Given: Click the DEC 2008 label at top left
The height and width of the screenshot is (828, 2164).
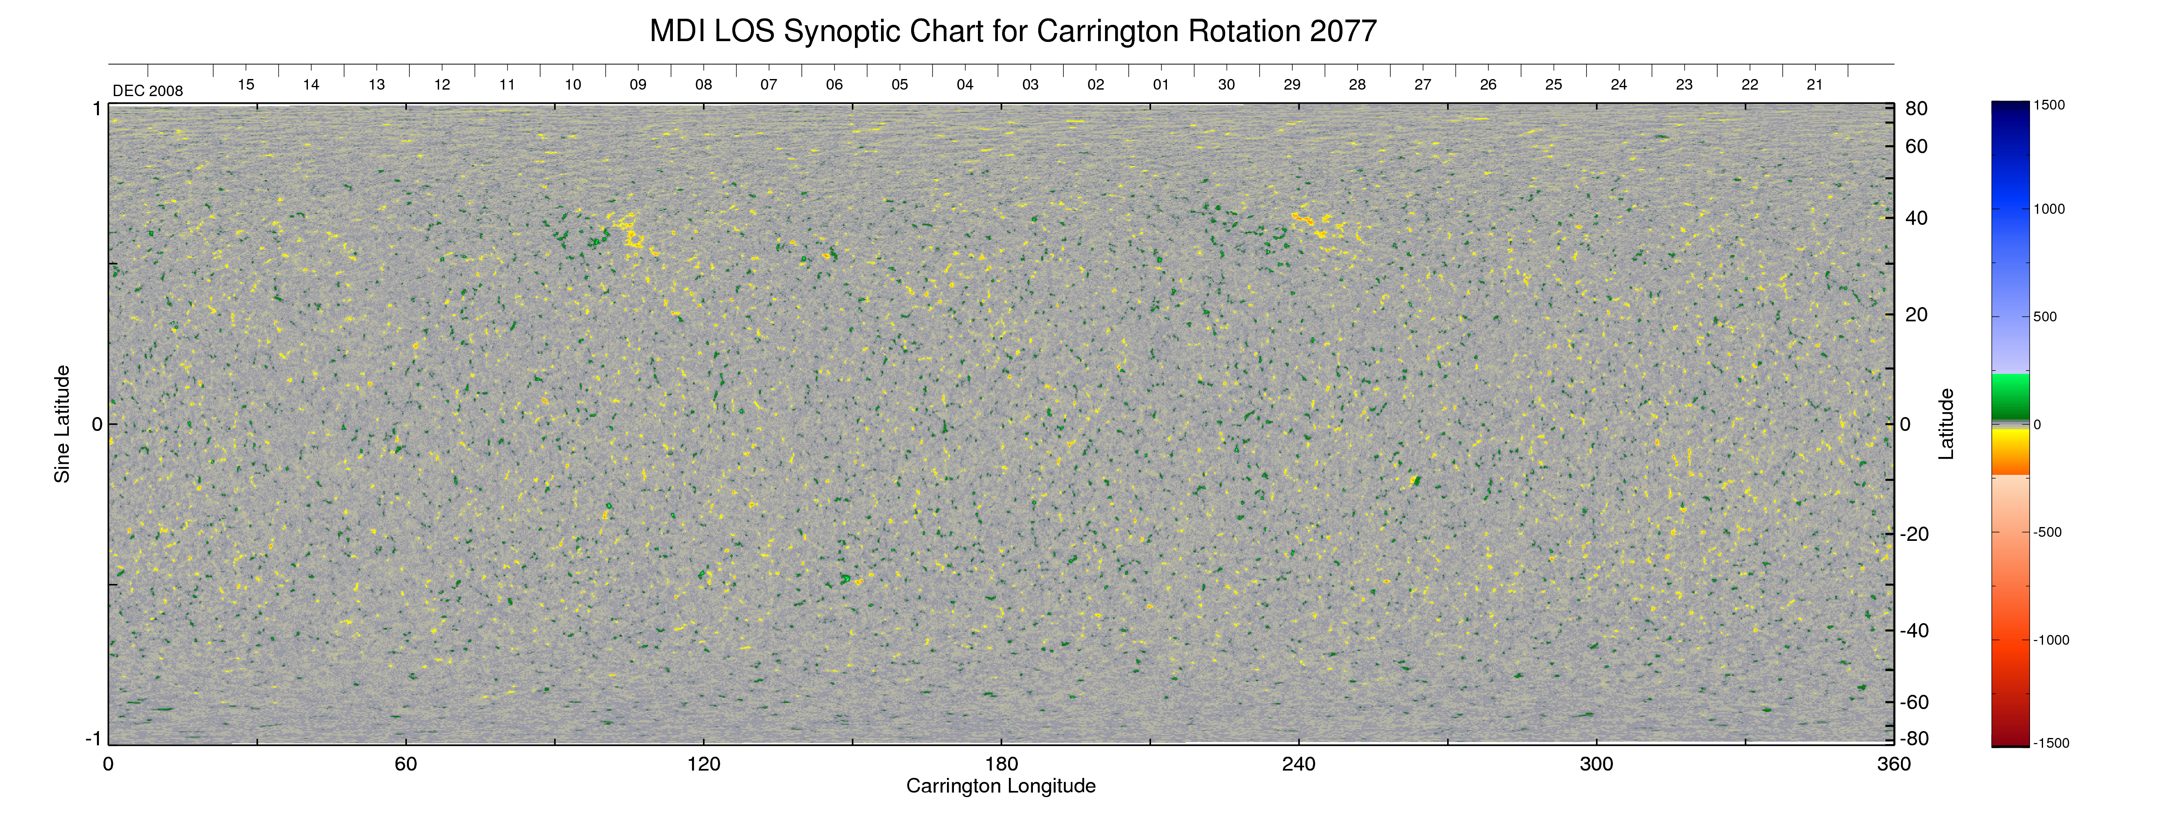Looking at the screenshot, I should (148, 91).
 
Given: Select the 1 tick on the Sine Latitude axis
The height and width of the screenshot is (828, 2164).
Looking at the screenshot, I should (97, 109).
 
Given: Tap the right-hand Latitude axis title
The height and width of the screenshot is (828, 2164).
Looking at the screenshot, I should (1946, 424).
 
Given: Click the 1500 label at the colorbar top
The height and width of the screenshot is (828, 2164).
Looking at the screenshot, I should (2049, 105).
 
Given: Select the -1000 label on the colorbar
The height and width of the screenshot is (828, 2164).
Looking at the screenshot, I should (2051, 640).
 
